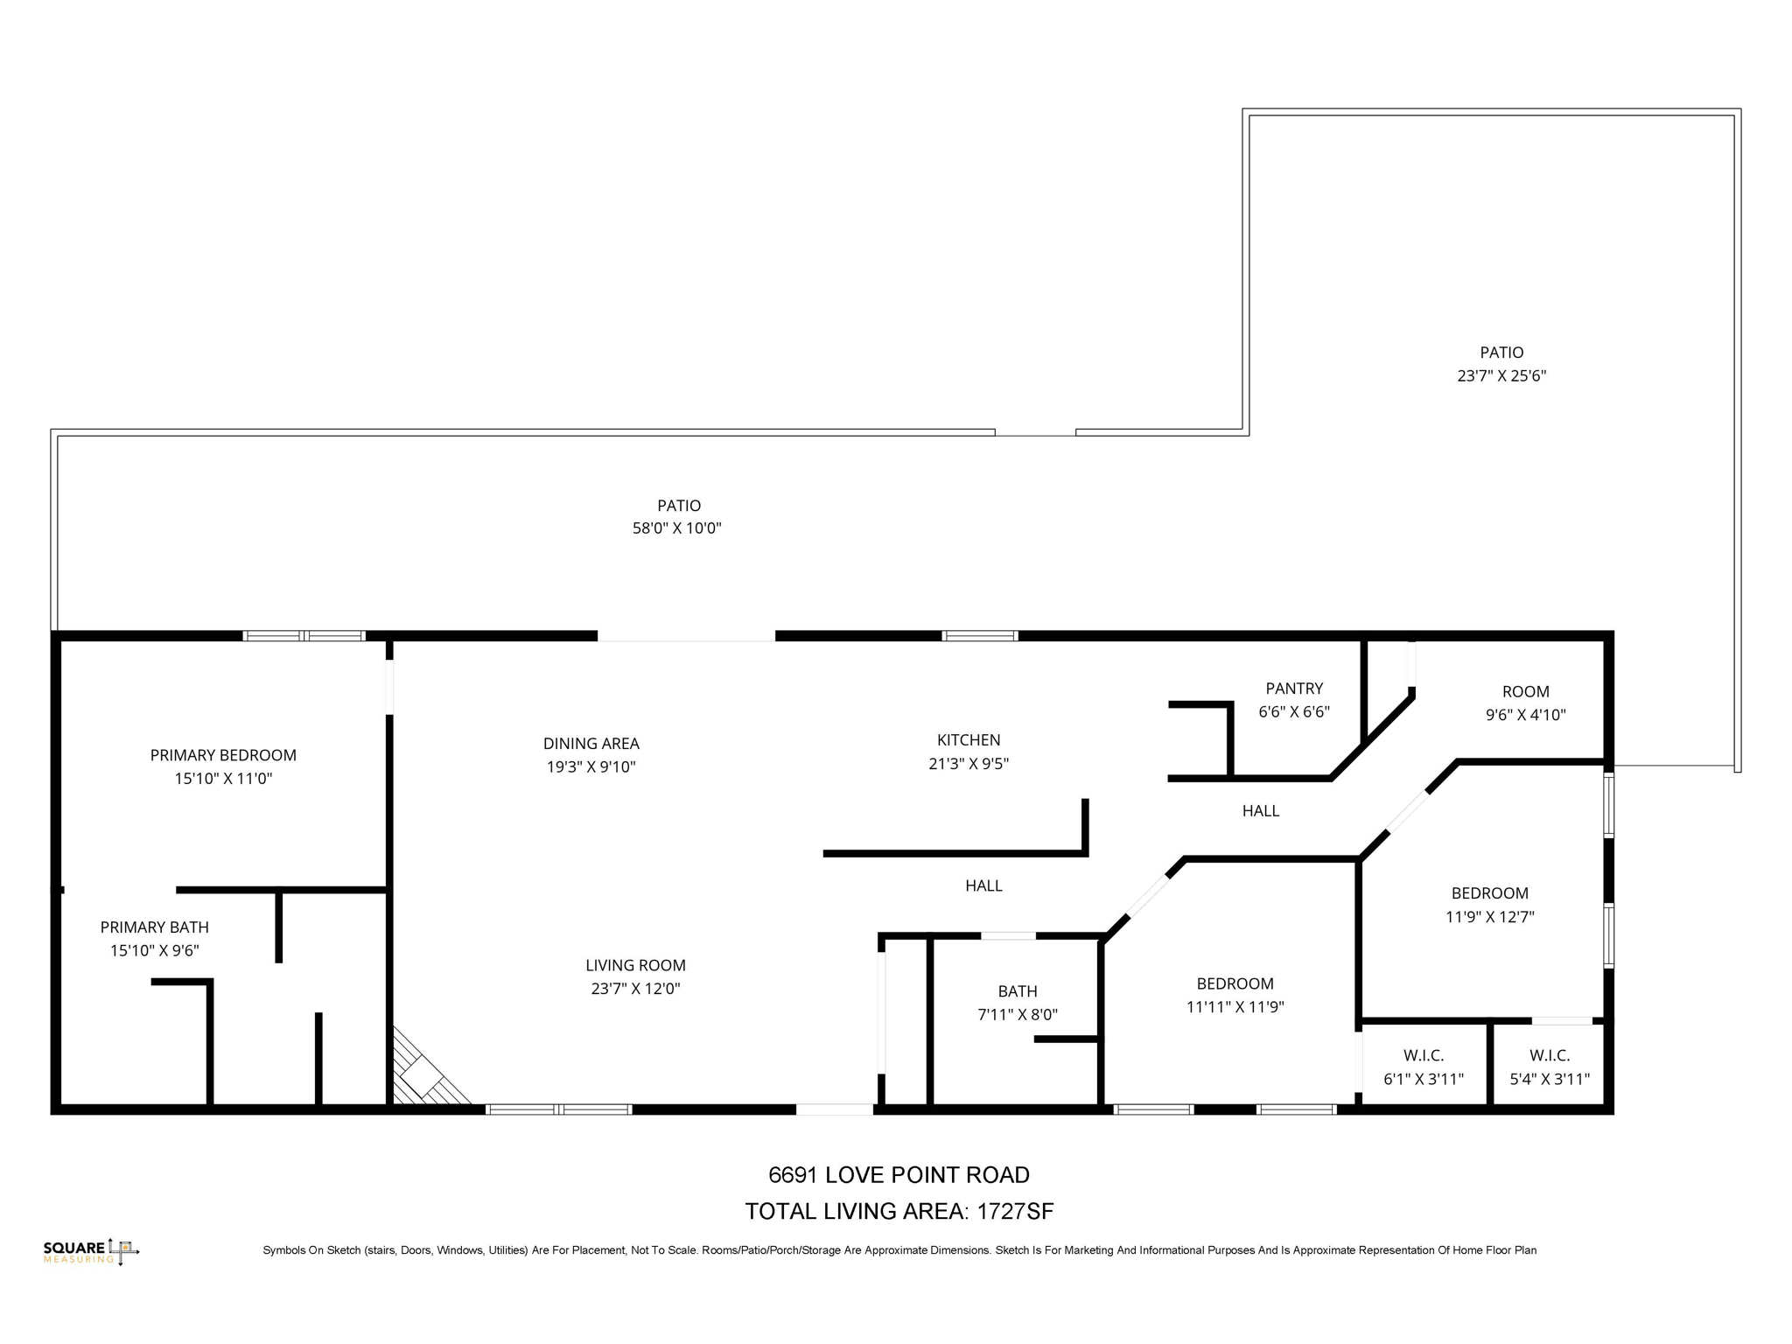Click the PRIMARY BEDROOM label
(x=223, y=755)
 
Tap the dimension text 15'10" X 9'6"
(x=155, y=950)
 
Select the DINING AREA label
(x=591, y=744)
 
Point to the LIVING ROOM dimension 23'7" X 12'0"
(x=635, y=989)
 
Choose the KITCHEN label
(x=968, y=740)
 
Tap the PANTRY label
(x=1293, y=689)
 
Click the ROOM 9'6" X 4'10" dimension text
(x=1525, y=715)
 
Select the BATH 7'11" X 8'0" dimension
(x=1017, y=1015)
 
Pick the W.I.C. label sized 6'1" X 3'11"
(x=1423, y=1056)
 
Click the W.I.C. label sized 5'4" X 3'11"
(x=1549, y=1056)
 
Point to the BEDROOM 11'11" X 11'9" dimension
(x=1235, y=1007)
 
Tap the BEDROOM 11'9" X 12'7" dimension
(x=1489, y=917)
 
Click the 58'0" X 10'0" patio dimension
(x=676, y=528)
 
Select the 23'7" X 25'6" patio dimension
(x=1501, y=376)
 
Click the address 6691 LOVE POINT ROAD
(x=899, y=1175)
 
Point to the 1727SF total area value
(x=1015, y=1212)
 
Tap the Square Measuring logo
(x=91, y=1251)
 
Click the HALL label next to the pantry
(x=1260, y=811)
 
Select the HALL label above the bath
(x=983, y=885)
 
